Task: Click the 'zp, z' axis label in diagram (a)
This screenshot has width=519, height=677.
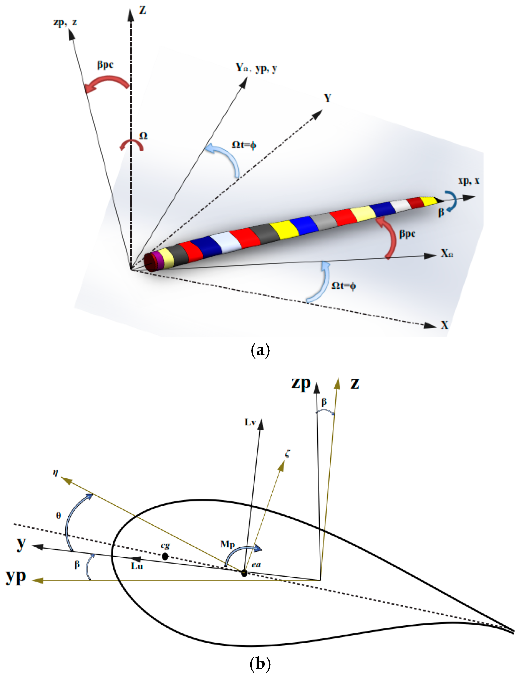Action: tap(65, 22)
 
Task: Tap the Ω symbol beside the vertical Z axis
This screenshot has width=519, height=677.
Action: tap(143, 136)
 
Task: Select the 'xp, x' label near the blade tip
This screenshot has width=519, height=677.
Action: tap(468, 181)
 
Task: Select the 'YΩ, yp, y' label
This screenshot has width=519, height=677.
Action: tap(256, 68)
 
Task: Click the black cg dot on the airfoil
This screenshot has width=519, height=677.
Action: tap(165, 556)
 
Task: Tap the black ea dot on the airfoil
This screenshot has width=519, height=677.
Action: tap(244, 573)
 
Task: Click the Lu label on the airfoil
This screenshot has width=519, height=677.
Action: tap(137, 566)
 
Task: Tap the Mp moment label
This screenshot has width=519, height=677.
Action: tap(227, 544)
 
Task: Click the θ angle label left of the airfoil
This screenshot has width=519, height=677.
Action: tap(58, 515)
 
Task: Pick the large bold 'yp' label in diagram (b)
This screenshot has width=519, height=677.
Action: tap(16, 577)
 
